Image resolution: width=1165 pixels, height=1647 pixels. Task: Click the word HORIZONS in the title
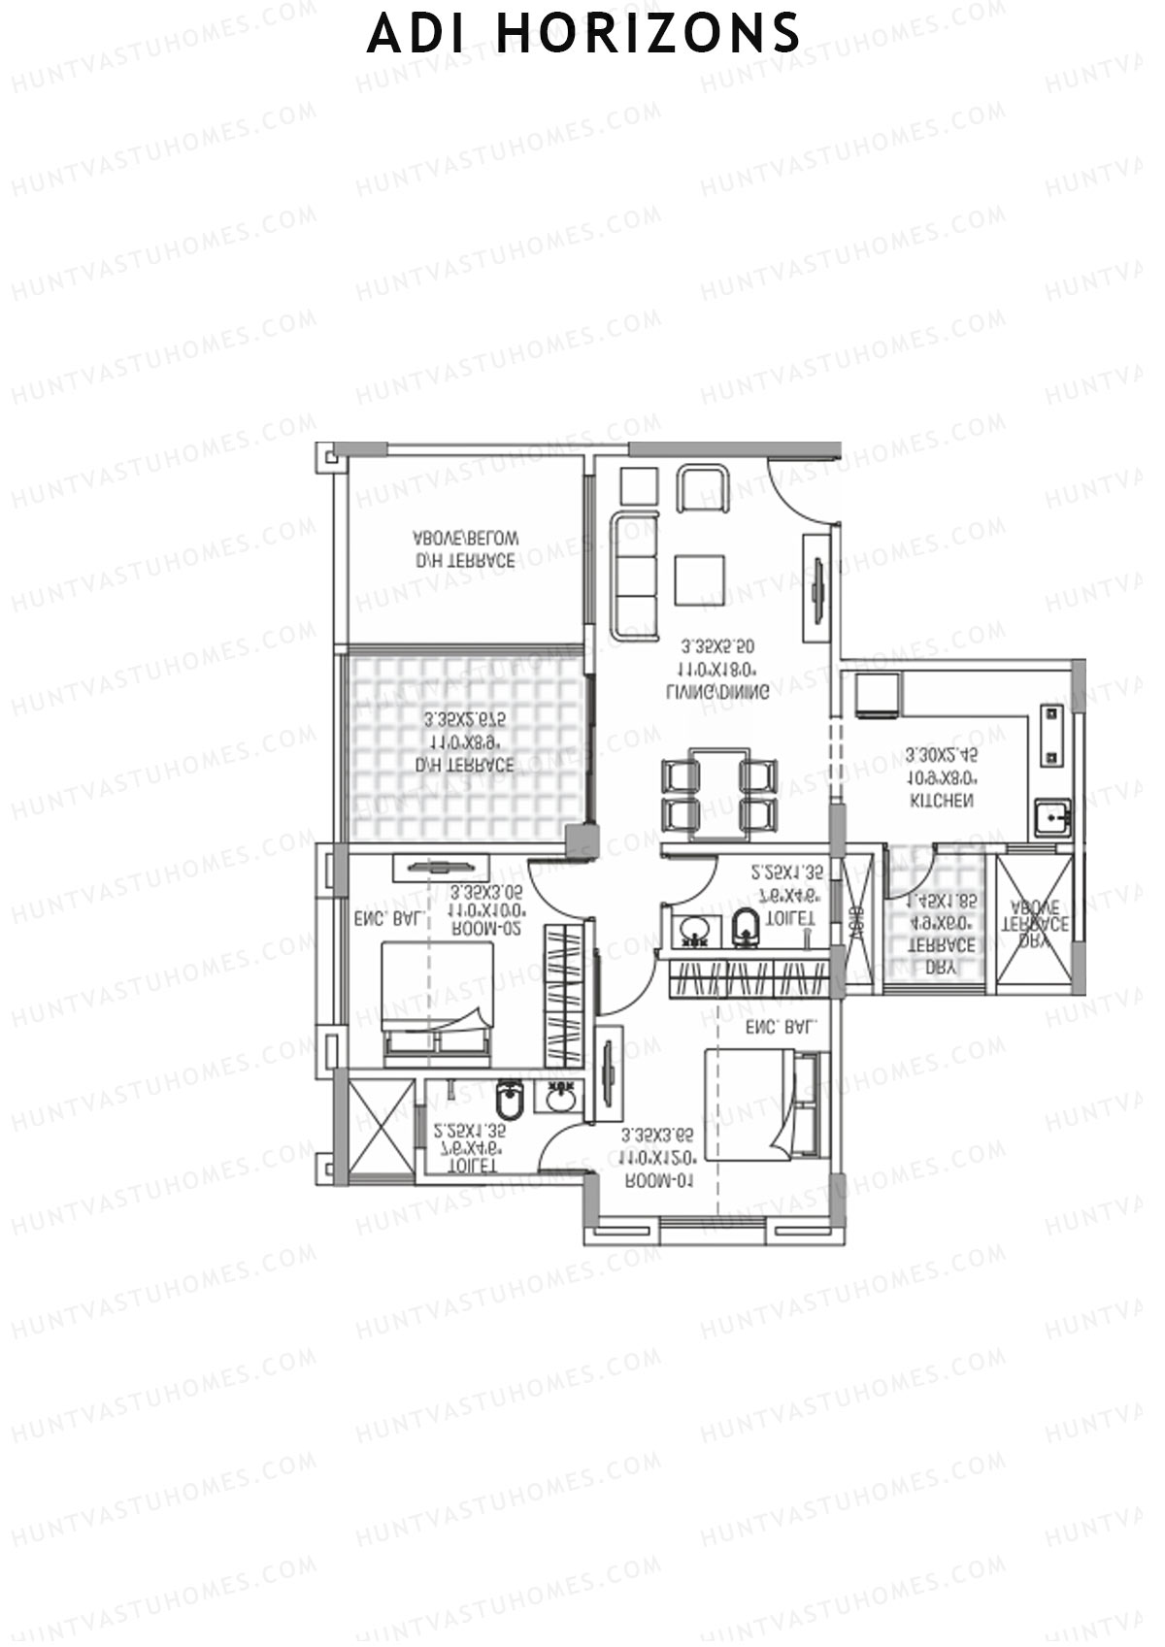pos(648,34)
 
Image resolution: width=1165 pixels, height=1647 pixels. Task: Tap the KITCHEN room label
pos(941,802)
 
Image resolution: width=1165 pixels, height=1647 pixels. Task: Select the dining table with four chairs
pos(718,794)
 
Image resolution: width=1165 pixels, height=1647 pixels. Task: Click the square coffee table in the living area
pos(700,579)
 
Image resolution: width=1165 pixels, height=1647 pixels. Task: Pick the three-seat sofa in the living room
pos(634,576)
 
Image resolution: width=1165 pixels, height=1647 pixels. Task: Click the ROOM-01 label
pos(658,1181)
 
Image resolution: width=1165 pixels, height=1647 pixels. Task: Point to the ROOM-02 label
pos(486,929)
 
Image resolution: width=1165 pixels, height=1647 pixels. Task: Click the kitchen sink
pos(1051,818)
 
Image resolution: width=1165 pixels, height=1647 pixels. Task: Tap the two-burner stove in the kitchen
pos(1051,735)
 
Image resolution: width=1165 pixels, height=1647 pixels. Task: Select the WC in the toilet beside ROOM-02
pos(509,1101)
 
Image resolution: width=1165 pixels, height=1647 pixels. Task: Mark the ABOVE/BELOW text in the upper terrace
pos(466,537)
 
